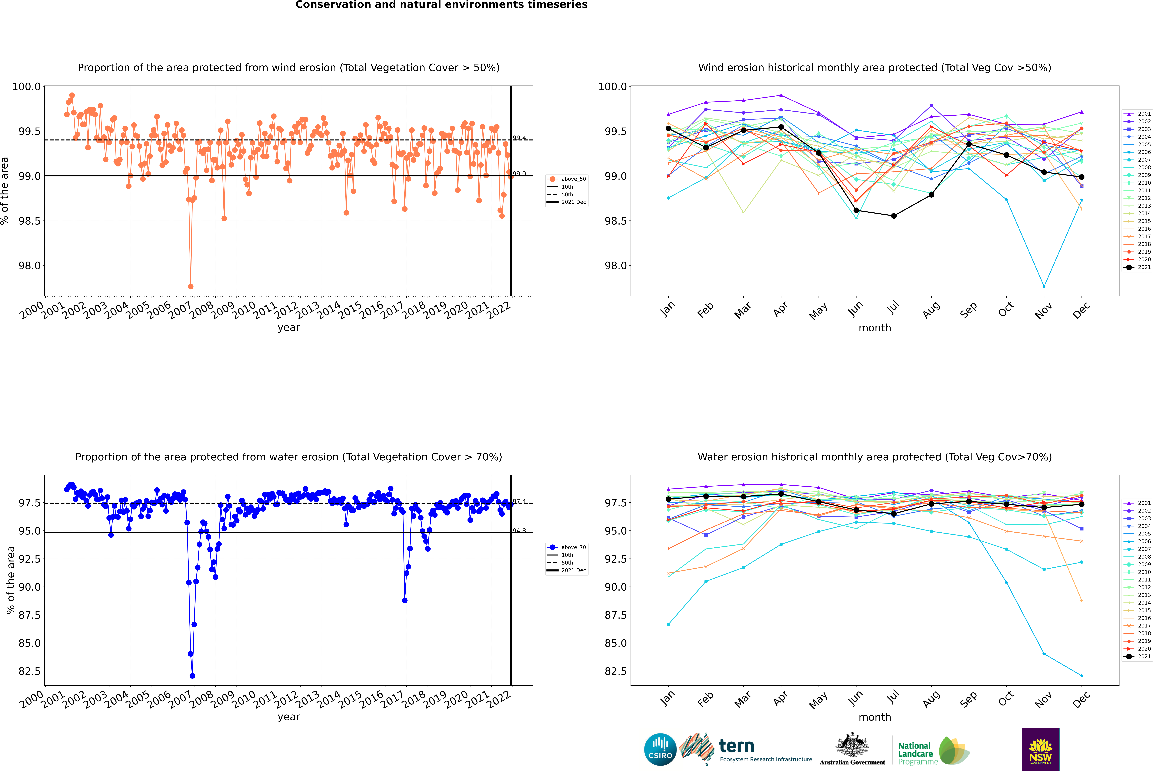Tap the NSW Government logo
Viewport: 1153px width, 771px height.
tap(1040, 749)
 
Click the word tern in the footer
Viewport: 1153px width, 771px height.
tap(736, 746)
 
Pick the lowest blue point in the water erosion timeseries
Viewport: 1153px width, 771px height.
tap(192, 676)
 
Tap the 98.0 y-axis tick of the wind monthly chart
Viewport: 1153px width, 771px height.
tap(609, 266)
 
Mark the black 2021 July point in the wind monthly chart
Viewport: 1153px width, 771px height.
tap(893, 216)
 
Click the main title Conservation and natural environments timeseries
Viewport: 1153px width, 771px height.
tap(441, 5)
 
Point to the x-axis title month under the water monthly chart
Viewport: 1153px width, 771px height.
tap(874, 717)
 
